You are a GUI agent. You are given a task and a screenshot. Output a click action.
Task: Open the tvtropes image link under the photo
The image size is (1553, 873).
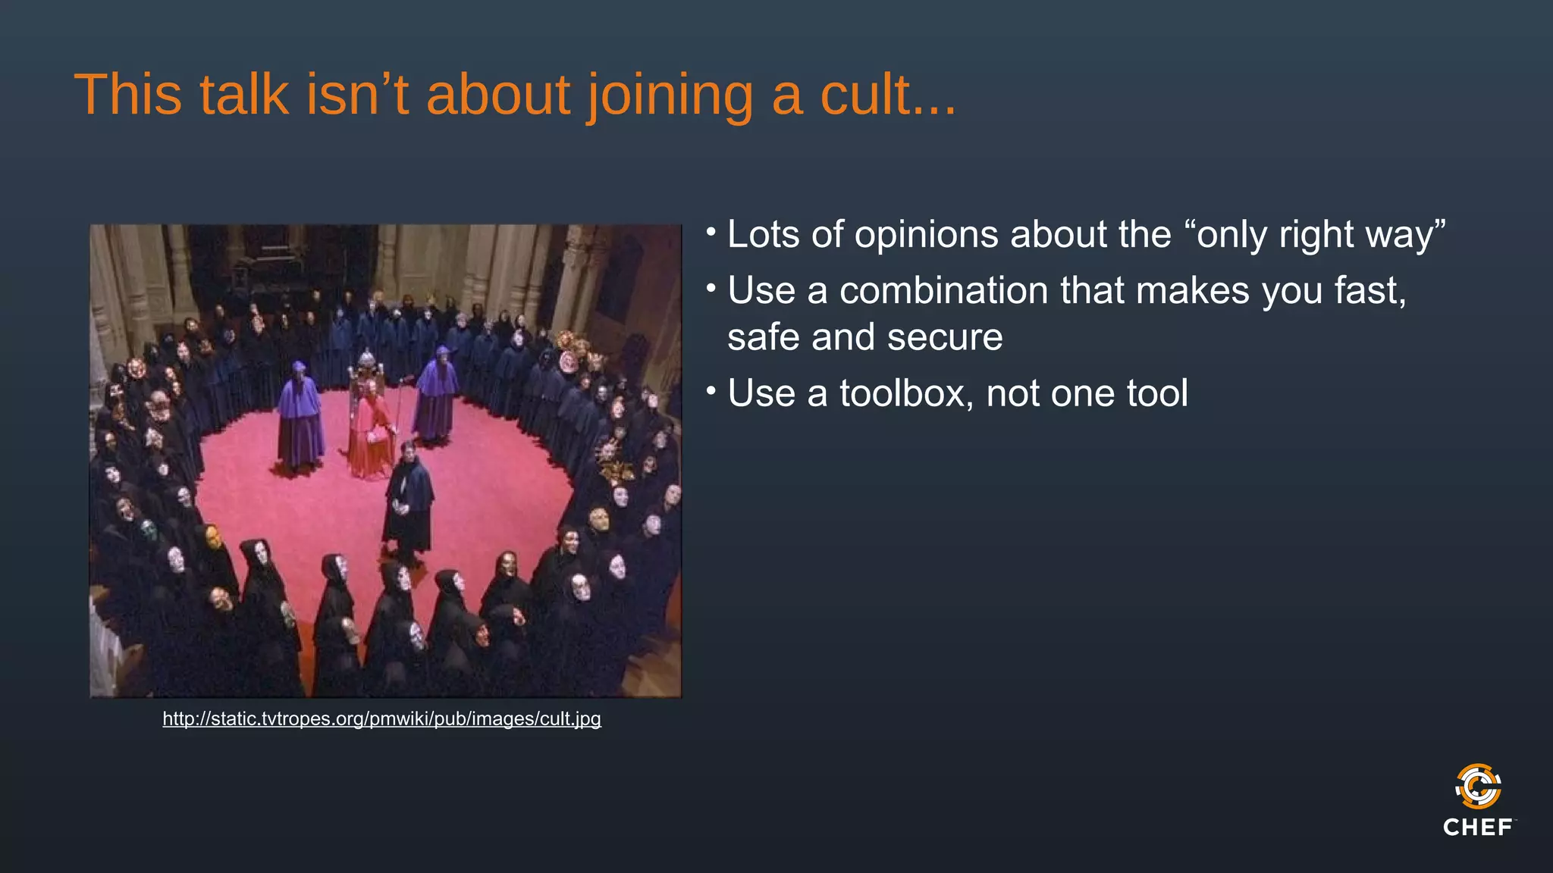coord(381,718)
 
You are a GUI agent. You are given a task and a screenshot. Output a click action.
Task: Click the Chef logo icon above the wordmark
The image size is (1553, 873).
coord(1478,786)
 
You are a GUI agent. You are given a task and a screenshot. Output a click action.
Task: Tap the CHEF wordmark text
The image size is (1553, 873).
coord(1478,827)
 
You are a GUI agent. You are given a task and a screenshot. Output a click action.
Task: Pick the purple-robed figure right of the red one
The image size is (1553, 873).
coord(437,394)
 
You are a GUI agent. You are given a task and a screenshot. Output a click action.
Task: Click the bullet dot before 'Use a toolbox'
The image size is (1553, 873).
coord(711,391)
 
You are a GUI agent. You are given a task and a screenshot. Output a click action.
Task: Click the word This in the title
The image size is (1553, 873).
coord(128,95)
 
